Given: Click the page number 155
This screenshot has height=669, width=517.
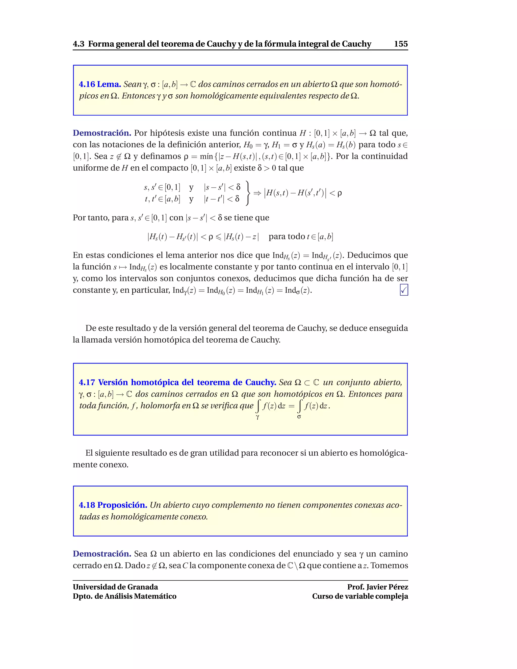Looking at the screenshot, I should coord(401,44).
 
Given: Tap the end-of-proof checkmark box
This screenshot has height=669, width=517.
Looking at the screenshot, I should coord(404,290).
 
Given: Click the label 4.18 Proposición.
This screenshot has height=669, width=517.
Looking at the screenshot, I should coord(113,505).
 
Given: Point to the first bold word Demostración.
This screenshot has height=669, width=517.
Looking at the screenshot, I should coord(102,133).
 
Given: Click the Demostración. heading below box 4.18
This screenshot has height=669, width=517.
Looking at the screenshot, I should coord(102,554).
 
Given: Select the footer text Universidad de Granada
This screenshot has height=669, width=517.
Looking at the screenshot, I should coord(115,587).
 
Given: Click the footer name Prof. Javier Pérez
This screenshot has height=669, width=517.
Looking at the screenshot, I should coord(377,587).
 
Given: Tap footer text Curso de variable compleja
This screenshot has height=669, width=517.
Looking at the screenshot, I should coord(360,596).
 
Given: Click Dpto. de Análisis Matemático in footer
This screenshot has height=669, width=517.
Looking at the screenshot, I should coord(124,596).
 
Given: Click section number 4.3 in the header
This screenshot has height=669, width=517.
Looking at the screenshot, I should coord(79,44).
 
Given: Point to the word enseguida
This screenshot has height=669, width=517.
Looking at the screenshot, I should coord(388,328).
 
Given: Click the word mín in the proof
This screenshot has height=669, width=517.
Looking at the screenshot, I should coord(206,157).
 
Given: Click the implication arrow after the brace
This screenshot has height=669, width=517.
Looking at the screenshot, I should coord(257,193).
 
